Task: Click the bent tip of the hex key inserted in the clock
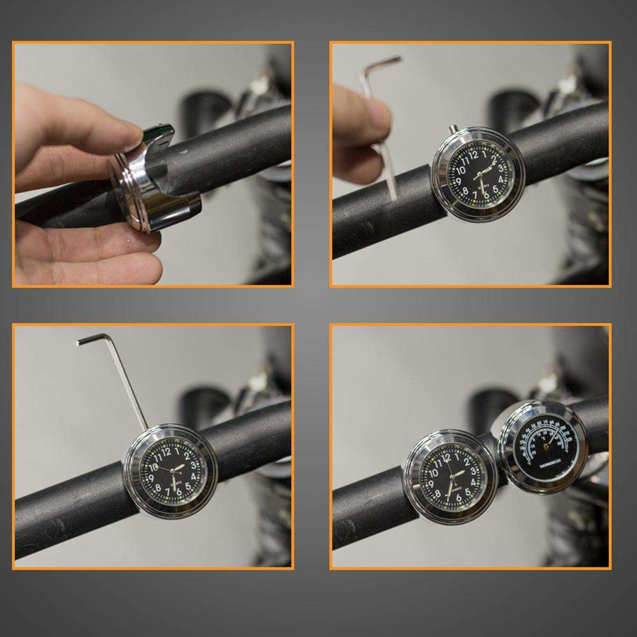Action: [x=83, y=341]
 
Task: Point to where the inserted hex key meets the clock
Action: [x=147, y=429]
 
